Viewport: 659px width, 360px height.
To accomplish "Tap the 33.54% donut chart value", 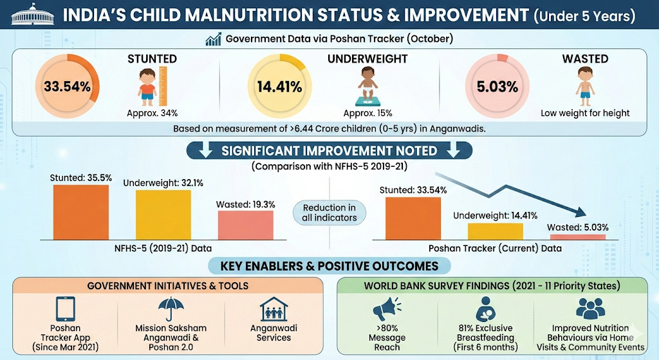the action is click(67, 87).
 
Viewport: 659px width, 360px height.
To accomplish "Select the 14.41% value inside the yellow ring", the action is click(279, 87).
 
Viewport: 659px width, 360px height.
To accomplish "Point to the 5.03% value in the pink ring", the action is click(497, 87).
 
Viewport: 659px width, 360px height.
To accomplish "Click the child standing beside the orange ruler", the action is click(147, 87).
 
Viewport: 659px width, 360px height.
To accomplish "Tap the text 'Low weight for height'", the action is click(585, 113).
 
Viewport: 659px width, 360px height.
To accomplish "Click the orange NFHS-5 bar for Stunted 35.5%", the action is click(80, 213).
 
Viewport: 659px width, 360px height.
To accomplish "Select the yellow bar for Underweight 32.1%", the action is click(163, 215).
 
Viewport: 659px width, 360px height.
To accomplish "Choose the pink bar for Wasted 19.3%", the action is click(245, 225).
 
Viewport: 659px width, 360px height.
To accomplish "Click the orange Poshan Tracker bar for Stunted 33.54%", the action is click(413, 219).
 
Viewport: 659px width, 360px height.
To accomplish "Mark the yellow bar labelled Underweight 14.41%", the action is click(496, 231).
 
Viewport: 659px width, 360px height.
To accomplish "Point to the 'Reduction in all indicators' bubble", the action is click(329, 213).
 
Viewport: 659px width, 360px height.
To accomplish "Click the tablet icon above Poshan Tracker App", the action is click(66, 309).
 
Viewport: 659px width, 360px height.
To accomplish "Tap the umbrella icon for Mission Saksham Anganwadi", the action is click(171, 309).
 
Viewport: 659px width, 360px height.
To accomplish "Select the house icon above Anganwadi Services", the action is click(274, 309).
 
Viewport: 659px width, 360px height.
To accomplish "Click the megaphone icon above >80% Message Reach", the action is click(387, 309).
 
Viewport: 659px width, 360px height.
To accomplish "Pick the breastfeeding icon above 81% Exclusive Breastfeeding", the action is click(485, 309).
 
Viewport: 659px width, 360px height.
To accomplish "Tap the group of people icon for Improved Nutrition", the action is click(590, 309).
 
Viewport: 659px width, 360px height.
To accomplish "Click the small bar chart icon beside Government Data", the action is click(214, 39).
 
